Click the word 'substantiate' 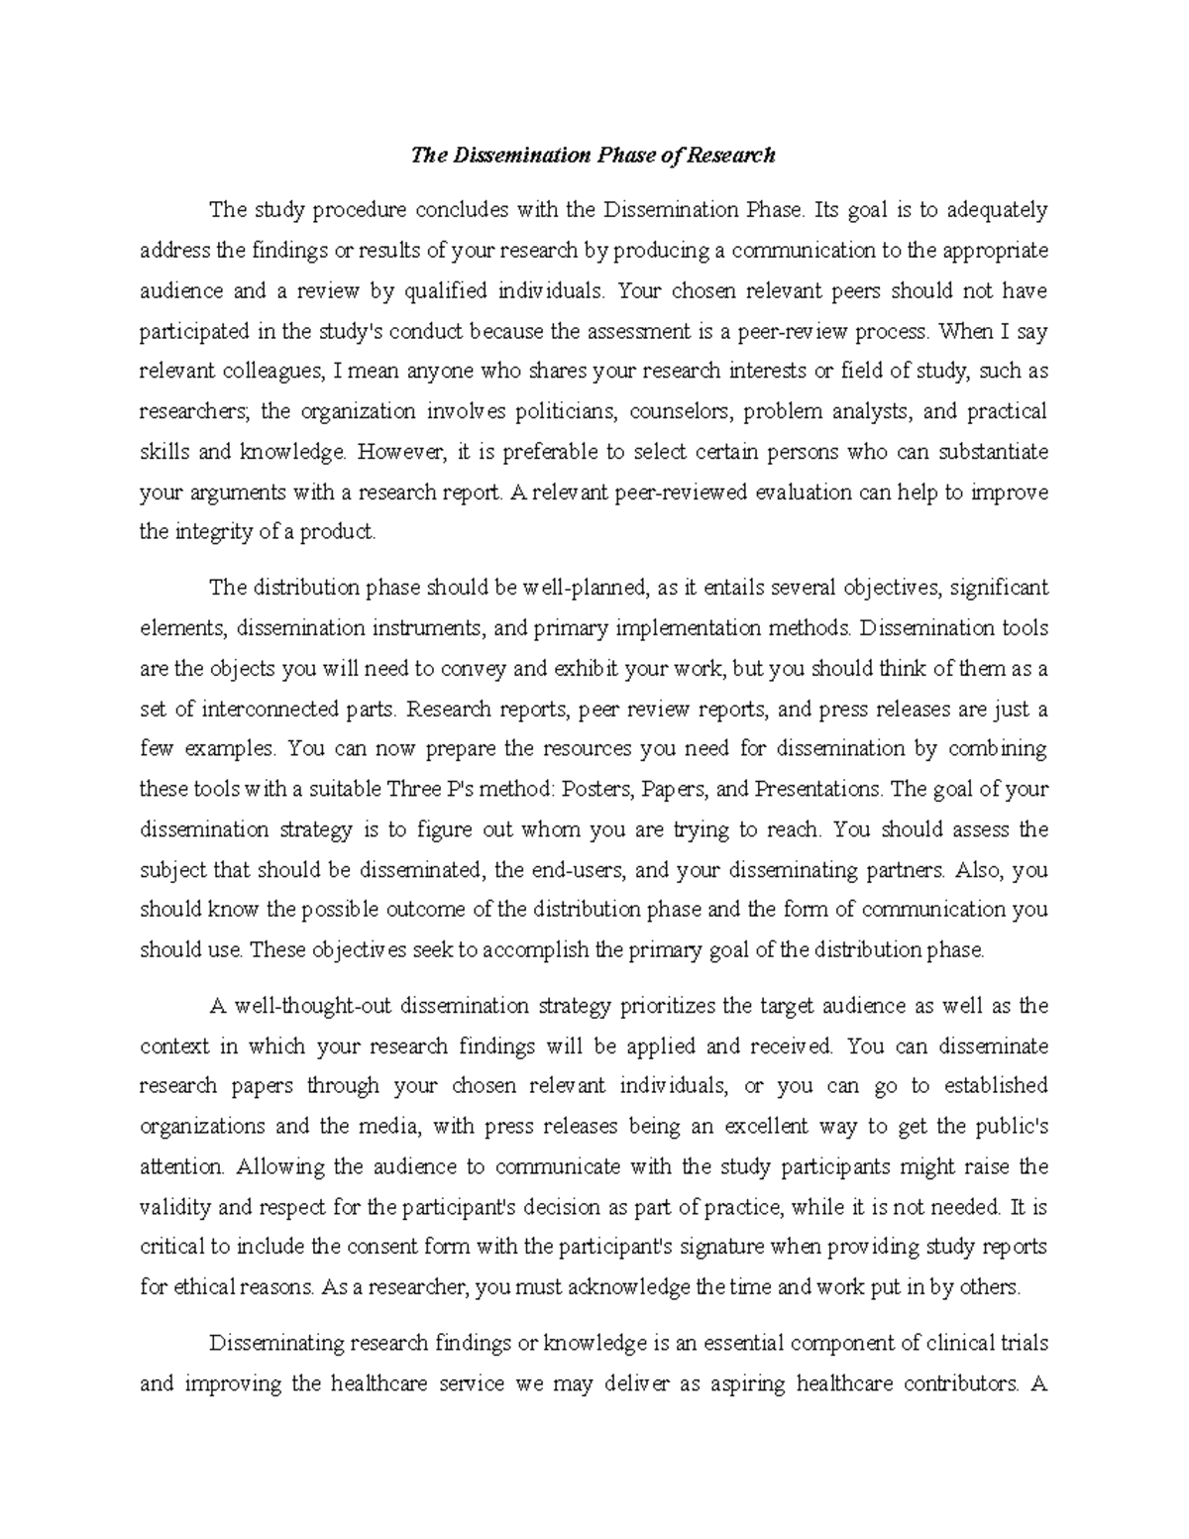pyautogui.click(x=992, y=452)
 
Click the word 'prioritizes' pyautogui.click(x=665, y=1006)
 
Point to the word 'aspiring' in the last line pyautogui.click(x=743, y=1384)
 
